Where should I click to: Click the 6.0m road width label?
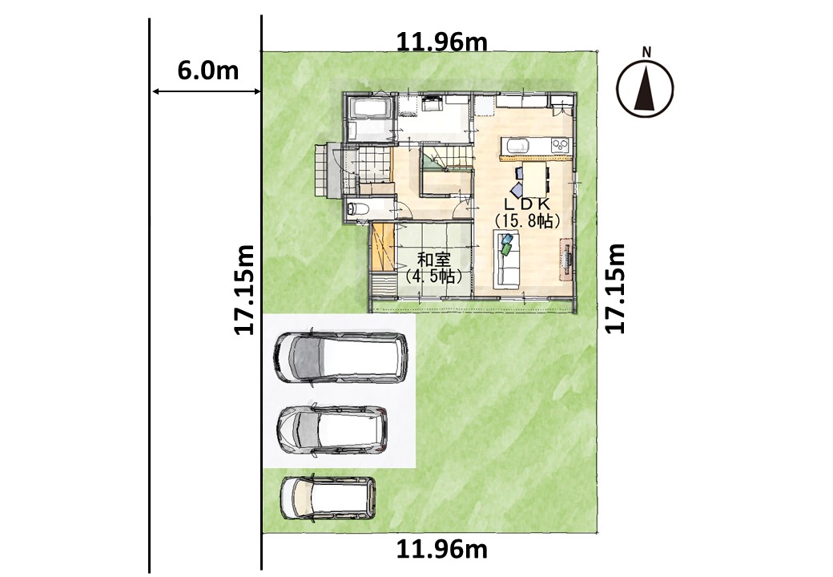click(x=207, y=71)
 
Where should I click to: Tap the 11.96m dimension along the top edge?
click(x=442, y=42)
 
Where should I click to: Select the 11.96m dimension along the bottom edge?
click(x=442, y=550)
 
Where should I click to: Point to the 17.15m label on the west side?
click(x=244, y=289)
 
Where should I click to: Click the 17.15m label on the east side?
click(x=615, y=288)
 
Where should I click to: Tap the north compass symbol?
click(x=646, y=87)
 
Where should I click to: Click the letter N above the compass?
click(x=646, y=52)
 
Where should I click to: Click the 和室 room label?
click(x=433, y=260)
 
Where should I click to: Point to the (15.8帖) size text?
click(x=527, y=221)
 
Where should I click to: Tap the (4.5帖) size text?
click(x=433, y=276)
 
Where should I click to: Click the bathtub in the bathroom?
click(x=369, y=110)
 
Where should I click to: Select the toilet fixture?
click(x=356, y=209)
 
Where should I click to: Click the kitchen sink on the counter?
click(x=517, y=145)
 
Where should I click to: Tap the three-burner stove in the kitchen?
click(x=560, y=145)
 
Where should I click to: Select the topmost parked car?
click(x=340, y=357)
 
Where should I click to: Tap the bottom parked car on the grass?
click(x=328, y=498)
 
